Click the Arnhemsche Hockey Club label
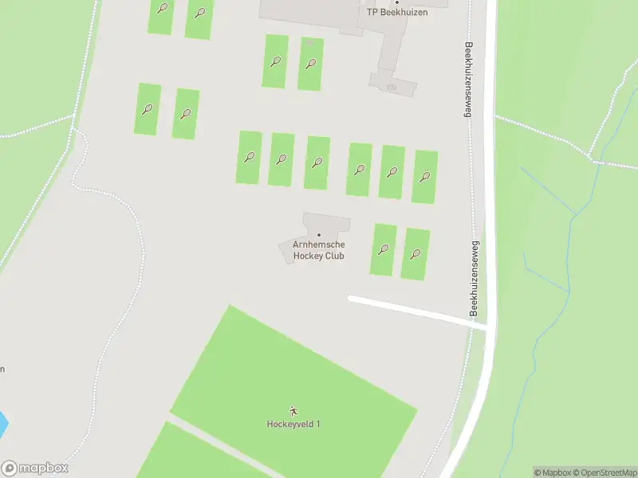click(318, 250)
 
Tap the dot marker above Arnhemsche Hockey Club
click(319, 235)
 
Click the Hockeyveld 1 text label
click(293, 423)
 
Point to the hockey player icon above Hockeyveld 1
click(293, 411)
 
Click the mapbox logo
click(35, 468)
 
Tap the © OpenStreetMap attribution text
click(603, 472)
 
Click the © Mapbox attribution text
click(554, 472)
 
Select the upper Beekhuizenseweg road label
click(470, 80)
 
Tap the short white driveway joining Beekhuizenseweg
click(415, 311)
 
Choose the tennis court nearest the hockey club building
click(383, 249)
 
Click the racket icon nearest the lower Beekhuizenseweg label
click(415, 254)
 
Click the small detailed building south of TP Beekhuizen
click(391, 82)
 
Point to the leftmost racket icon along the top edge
click(162, 9)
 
